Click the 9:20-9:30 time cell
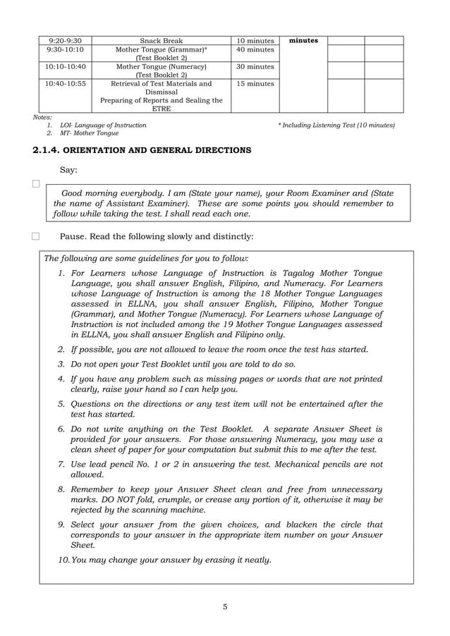pyautogui.click(x=64, y=41)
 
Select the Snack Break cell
pyautogui.click(x=161, y=41)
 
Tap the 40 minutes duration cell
pyautogui.click(x=255, y=50)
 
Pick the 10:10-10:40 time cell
pyautogui.click(x=64, y=67)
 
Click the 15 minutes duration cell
pyautogui.click(x=255, y=84)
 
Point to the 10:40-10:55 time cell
pyautogui.click(x=64, y=84)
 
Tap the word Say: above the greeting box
pyautogui.click(x=68, y=170)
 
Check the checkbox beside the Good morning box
pyautogui.click(x=36, y=185)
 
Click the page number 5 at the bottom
pyautogui.click(x=224, y=607)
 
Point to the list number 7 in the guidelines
pyautogui.click(x=61, y=465)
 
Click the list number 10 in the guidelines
pyautogui.click(x=63, y=561)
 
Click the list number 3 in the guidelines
pyautogui.click(x=61, y=365)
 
